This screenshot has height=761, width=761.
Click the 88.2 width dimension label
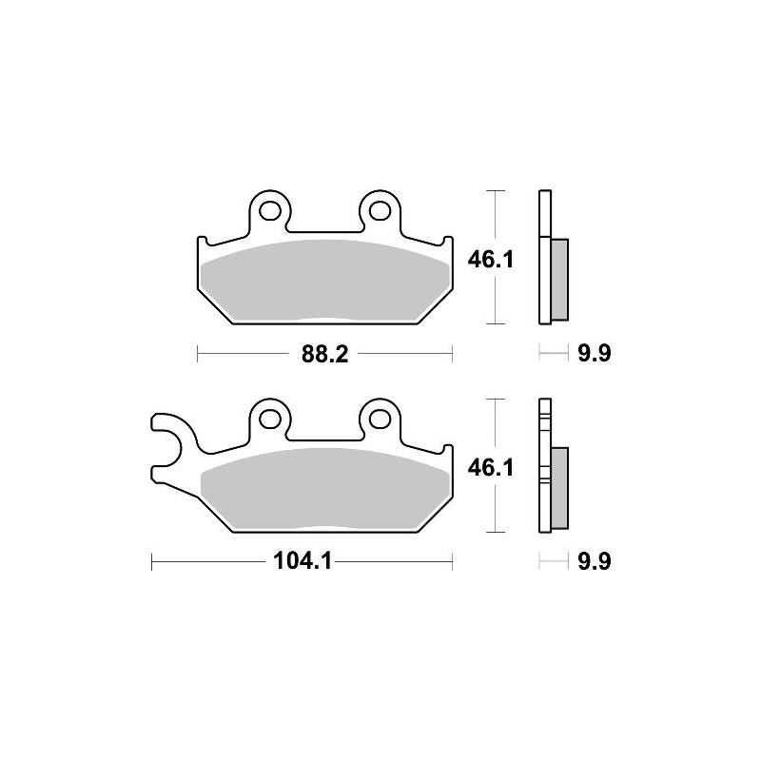(x=324, y=355)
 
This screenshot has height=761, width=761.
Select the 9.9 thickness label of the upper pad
(x=592, y=355)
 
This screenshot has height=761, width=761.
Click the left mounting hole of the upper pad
(x=268, y=209)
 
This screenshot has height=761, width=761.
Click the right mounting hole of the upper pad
(x=380, y=209)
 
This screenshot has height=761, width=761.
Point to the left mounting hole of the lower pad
(x=268, y=416)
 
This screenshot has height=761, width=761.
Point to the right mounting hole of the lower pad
(x=380, y=416)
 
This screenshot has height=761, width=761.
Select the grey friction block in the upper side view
(x=559, y=278)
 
